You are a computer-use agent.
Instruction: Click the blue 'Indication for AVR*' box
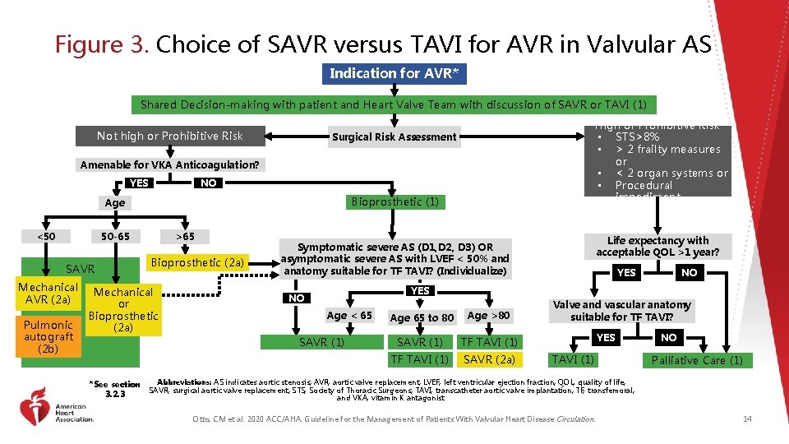(x=394, y=73)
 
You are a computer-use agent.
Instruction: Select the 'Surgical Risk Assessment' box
(x=394, y=136)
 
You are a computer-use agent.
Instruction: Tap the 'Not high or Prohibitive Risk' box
(x=170, y=136)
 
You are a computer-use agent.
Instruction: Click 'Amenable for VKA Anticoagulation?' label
(x=169, y=164)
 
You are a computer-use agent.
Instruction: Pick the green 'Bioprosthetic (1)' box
(x=394, y=201)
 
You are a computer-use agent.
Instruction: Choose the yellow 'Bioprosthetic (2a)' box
(x=198, y=262)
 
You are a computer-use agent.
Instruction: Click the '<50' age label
(x=46, y=236)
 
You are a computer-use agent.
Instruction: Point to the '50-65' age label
(x=114, y=236)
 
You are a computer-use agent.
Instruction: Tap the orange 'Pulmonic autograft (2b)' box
(x=48, y=336)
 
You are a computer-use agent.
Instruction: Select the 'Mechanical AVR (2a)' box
(x=48, y=294)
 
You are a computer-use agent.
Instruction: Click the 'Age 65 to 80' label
(x=422, y=317)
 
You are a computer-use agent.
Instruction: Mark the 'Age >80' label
(x=488, y=316)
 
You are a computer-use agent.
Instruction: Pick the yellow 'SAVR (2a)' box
(x=489, y=359)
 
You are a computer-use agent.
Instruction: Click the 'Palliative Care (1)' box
(x=696, y=360)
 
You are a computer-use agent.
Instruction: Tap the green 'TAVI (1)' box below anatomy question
(x=573, y=359)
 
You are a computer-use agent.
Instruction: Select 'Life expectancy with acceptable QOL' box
(x=657, y=247)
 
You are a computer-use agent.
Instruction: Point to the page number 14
(x=746, y=419)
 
